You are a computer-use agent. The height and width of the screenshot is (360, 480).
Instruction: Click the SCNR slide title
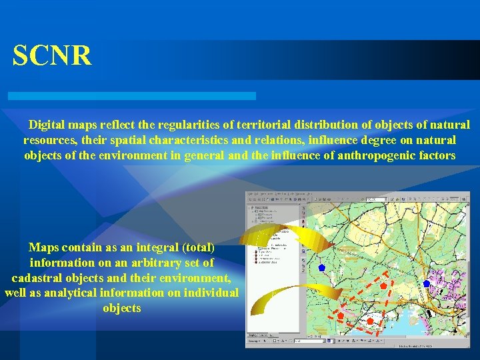tap(52, 56)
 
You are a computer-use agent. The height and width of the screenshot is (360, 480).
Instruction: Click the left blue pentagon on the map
tap(321, 267)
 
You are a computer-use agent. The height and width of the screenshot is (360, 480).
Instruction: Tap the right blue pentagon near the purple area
tap(427, 283)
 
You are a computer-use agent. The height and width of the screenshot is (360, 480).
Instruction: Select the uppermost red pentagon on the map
tap(383, 285)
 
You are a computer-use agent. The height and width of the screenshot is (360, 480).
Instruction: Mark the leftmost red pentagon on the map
tap(340, 315)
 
